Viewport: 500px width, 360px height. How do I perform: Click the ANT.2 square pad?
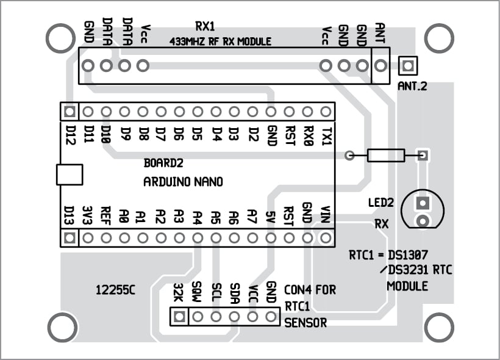[x=407, y=65]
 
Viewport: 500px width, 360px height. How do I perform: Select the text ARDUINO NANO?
[x=183, y=182]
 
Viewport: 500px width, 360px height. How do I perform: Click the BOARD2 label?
[x=163, y=164]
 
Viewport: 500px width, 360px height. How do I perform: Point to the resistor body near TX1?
[x=386, y=156]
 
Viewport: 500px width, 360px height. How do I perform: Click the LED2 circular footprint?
[x=422, y=211]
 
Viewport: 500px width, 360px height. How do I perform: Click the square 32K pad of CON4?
[x=179, y=317]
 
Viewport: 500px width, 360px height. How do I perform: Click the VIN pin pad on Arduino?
[x=326, y=237]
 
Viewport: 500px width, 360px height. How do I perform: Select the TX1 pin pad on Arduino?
[x=326, y=112]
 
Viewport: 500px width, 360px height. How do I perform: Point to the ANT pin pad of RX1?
[x=380, y=65]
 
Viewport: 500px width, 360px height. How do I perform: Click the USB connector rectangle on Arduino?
[x=69, y=175]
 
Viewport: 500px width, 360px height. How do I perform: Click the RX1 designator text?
[x=205, y=26]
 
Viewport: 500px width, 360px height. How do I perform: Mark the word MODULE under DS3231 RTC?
[x=407, y=286]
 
